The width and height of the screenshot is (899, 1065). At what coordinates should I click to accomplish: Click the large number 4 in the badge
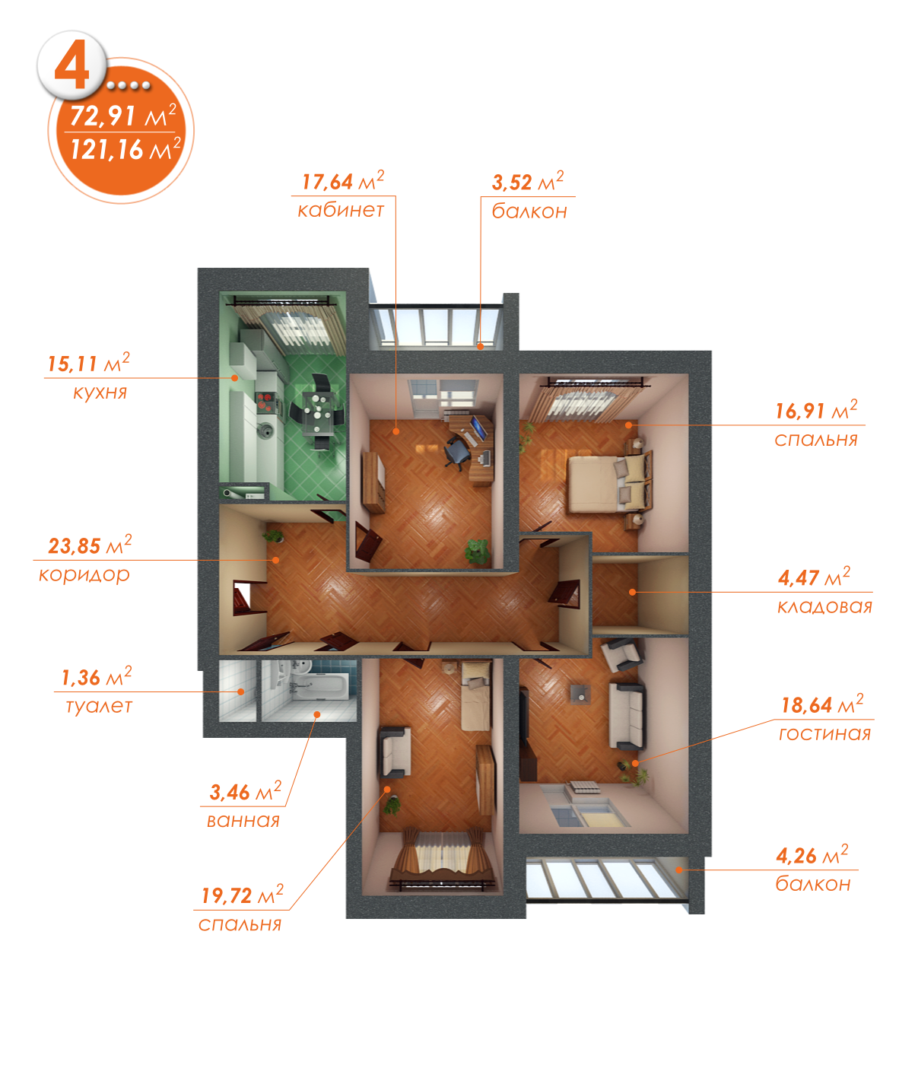point(71,68)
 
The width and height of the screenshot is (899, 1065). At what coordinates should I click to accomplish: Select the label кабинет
point(341,210)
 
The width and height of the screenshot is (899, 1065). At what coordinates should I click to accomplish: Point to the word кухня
point(100,393)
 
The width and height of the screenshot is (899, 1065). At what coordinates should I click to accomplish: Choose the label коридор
point(84,574)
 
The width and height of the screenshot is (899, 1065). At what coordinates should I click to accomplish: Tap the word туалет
point(99,706)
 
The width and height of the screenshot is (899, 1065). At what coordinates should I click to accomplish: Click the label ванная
point(243,821)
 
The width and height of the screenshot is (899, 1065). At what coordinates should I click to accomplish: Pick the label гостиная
point(824,734)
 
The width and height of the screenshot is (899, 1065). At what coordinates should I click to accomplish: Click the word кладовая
point(824,607)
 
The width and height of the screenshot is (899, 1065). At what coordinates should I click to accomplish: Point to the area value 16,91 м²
point(815,411)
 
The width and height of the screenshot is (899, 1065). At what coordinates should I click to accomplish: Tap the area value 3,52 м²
point(528,182)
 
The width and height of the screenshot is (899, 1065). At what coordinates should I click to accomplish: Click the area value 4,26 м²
point(812,855)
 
